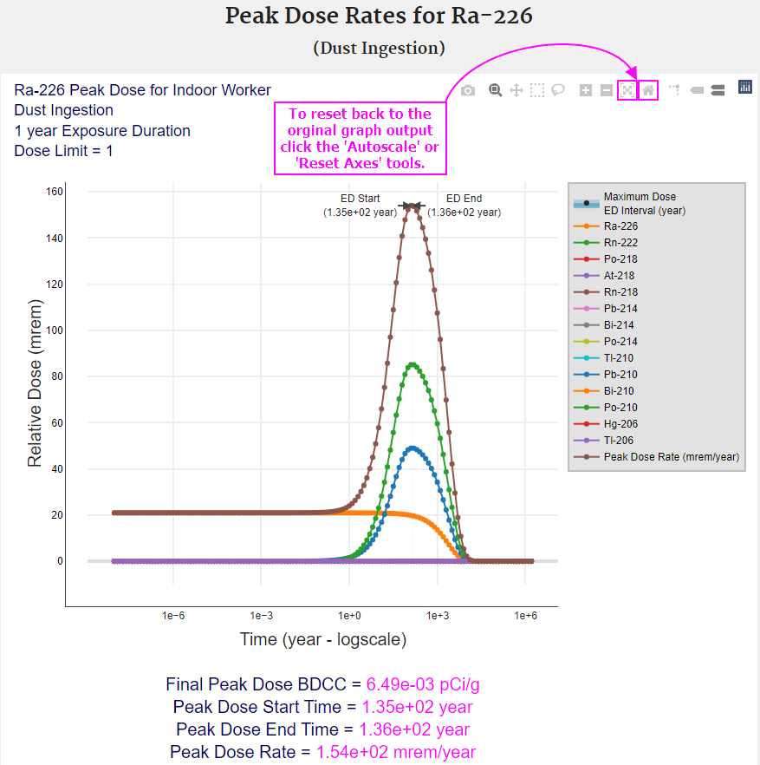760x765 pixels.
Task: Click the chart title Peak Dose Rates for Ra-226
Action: click(x=379, y=16)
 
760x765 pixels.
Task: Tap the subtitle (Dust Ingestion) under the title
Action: click(x=379, y=49)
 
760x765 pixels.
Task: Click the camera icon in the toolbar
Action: click(x=468, y=90)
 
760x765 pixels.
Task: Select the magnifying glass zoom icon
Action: click(x=495, y=90)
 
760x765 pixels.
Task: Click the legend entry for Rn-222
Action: click(x=620, y=243)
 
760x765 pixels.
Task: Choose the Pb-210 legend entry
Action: click(x=620, y=375)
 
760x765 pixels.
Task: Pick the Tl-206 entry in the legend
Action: click(x=620, y=441)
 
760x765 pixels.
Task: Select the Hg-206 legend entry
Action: click(x=620, y=424)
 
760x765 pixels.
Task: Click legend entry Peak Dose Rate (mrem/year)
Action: click(x=671, y=457)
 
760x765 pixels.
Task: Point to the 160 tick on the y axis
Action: click(x=55, y=192)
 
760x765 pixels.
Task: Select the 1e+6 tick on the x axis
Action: click(x=526, y=615)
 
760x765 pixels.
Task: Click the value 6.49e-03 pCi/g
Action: click(x=423, y=685)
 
